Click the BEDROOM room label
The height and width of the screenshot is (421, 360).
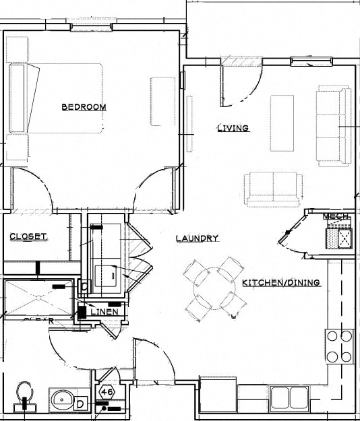[x=84, y=107]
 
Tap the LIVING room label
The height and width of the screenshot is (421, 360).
[x=233, y=128]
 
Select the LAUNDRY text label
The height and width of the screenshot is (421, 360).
[x=197, y=238]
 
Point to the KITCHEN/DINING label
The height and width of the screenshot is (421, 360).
[x=280, y=283]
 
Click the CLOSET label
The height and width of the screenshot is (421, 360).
[x=28, y=236]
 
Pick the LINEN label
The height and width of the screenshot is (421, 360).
[x=104, y=312]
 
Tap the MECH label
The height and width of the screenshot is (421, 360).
[x=336, y=216]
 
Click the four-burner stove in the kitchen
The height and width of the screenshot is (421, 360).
[x=339, y=346]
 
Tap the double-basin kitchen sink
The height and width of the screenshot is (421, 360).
[x=289, y=397]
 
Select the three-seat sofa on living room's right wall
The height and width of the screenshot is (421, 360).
[x=333, y=126]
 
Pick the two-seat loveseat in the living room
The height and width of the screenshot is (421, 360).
[x=274, y=189]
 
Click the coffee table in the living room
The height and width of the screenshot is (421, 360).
[x=282, y=123]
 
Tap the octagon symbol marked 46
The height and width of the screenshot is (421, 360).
[x=107, y=391]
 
